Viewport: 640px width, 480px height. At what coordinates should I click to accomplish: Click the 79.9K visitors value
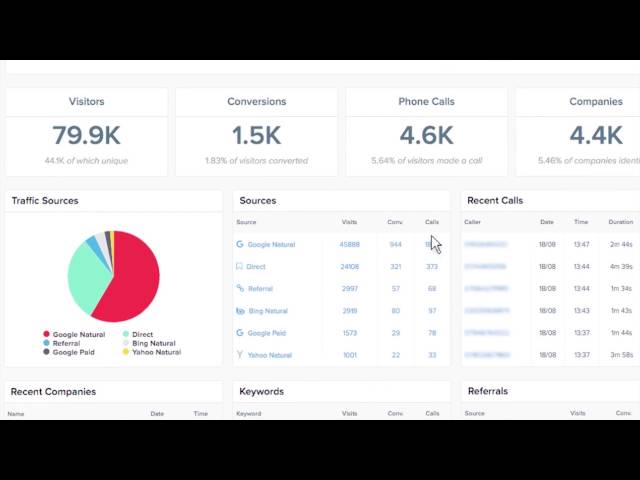[x=87, y=134]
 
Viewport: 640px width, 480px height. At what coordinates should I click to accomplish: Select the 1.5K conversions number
[x=257, y=134]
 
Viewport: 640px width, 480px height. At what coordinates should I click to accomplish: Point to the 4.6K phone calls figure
[x=427, y=134]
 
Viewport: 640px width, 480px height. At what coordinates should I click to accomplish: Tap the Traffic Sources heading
[x=45, y=201]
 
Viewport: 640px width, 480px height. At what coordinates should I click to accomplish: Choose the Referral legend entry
[x=66, y=343]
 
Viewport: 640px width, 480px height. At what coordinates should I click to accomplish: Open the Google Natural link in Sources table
[x=271, y=245]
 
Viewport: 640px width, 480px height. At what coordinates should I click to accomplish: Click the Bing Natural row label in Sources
[x=267, y=311]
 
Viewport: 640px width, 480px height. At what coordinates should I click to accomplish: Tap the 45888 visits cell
[x=349, y=245]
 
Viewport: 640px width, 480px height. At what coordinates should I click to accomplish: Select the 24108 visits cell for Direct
[x=349, y=267]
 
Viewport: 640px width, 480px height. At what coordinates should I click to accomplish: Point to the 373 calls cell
[x=432, y=267]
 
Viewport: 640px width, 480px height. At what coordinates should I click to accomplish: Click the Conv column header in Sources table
[x=396, y=222]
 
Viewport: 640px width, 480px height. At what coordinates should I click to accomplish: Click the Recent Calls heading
[x=495, y=201]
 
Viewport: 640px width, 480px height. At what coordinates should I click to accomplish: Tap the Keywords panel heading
[x=262, y=392]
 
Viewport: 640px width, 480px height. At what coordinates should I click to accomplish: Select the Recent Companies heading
[x=52, y=392]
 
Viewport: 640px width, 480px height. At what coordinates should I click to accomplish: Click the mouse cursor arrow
[x=435, y=245]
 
